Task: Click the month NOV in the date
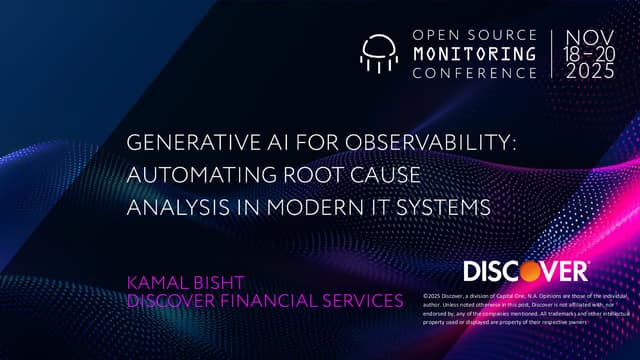pos(590,35)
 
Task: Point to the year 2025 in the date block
pos(590,72)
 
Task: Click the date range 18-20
pos(590,53)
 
